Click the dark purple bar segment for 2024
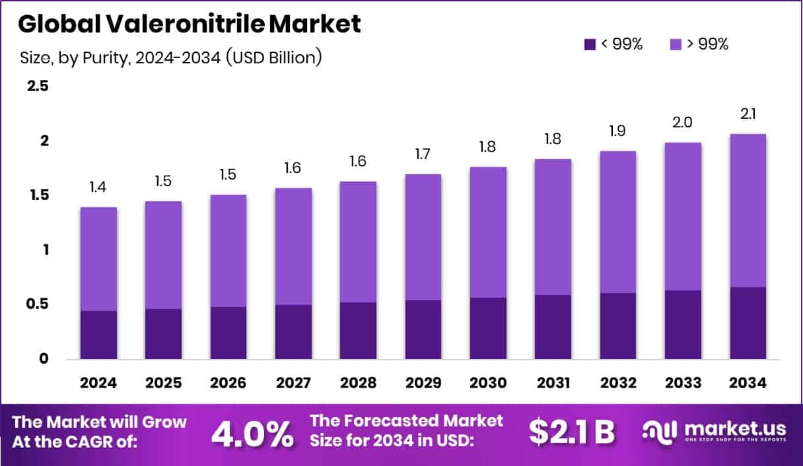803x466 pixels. point(98,335)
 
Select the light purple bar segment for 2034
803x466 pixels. point(748,211)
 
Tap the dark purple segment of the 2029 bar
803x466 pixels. point(423,330)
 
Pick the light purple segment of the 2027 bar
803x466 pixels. point(293,246)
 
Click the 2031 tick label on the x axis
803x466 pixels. point(553,383)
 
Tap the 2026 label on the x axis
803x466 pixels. point(228,383)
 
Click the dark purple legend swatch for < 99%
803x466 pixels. point(590,44)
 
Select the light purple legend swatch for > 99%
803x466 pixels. point(676,44)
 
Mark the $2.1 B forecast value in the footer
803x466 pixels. point(572,432)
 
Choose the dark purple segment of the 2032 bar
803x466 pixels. point(618,326)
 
